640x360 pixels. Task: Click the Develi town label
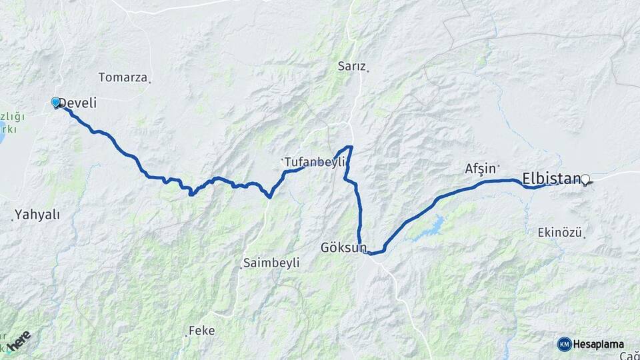click(x=79, y=103)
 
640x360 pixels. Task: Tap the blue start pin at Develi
click(x=55, y=102)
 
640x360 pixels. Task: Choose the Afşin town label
click(x=480, y=169)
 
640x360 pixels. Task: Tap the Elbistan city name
click(x=551, y=179)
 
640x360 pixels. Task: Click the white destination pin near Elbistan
click(x=585, y=179)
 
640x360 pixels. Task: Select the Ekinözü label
click(x=560, y=233)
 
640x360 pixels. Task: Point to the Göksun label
click(x=343, y=247)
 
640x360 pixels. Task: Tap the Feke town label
click(x=201, y=330)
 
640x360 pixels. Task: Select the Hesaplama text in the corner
click(x=598, y=344)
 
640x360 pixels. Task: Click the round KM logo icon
click(x=564, y=344)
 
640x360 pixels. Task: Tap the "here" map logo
click(x=19, y=340)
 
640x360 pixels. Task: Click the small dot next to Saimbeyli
click(x=241, y=268)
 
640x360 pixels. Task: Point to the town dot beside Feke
click(x=186, y=335)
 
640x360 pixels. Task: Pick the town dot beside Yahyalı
click(x=13, y=219)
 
